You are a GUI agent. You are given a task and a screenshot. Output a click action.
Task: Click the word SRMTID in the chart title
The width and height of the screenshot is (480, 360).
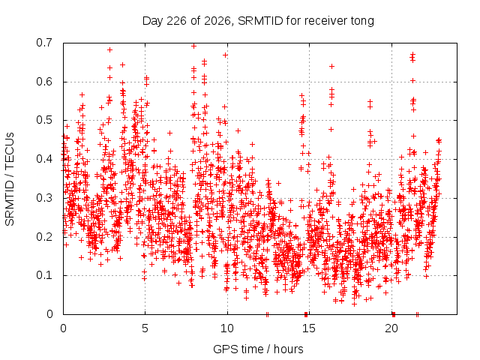click(260, 21)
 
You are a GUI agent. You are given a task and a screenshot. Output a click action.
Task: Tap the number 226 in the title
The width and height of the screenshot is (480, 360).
click(176, 21)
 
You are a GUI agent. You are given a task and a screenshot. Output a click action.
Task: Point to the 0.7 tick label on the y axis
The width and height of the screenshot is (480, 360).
click(44, 43)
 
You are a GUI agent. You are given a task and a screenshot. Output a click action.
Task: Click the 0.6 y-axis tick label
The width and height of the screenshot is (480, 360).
click(44, 82)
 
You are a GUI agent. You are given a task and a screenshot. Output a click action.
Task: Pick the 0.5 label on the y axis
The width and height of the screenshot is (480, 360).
click(44, 120)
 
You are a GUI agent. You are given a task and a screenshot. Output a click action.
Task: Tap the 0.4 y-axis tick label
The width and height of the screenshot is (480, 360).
click(44, 159)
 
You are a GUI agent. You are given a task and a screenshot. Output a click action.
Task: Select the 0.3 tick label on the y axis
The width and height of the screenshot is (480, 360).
click(44, 198)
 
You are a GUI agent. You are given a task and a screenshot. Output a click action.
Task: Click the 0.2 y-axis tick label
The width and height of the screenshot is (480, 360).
click(44, 237)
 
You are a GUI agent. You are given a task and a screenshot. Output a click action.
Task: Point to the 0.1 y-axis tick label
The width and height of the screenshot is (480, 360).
click(44, 275)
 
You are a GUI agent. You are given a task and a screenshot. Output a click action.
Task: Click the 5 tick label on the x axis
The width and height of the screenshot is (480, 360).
click(145, 328)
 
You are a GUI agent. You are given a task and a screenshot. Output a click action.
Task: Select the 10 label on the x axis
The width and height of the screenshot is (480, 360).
click(227, 328)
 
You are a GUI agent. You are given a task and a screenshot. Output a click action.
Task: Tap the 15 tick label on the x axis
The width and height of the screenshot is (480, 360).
click(309, 328)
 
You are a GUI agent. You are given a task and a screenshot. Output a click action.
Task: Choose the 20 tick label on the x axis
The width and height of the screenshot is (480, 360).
click(391, 328)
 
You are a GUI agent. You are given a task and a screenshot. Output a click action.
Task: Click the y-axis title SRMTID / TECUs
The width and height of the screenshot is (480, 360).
click(10, 179)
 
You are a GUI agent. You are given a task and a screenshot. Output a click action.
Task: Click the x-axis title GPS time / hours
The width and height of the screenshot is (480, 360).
click(258, 349)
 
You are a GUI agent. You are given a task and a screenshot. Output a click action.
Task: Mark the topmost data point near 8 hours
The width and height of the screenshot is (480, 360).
click(193, 46)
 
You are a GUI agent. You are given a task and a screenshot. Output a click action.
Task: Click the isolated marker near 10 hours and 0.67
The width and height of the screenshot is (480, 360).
click(225, 55)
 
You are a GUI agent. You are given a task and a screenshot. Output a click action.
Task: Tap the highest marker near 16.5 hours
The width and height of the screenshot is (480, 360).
click(331, 66)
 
